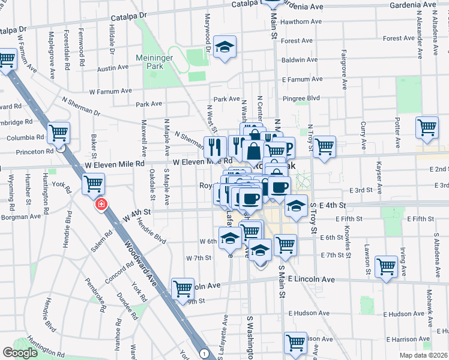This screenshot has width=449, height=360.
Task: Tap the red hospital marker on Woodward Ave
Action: [x=101, y=205]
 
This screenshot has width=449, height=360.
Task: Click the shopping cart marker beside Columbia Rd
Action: [x=59, y=133]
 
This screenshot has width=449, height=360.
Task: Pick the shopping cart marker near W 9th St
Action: [x=182, y=289]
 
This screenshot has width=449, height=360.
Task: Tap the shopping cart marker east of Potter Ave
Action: [x=427, y=127]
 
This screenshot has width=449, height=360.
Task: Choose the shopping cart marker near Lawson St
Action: [x=386, y=266]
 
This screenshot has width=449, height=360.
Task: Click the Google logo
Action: [x=20, y=353]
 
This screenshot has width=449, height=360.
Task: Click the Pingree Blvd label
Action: [x=306, y=97]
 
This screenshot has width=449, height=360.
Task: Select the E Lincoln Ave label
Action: [x=311, y=280]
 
